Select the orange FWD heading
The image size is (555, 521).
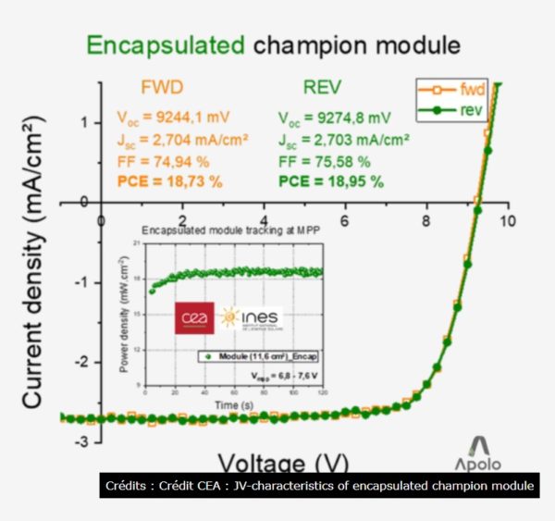point(161,89)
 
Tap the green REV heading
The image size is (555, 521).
point(324,89)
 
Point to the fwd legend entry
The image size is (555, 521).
point(473,91)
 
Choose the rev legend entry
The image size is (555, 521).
point(473,110)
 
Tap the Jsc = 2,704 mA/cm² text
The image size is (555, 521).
point(170,140)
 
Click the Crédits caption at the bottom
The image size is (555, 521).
point(319,486)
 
